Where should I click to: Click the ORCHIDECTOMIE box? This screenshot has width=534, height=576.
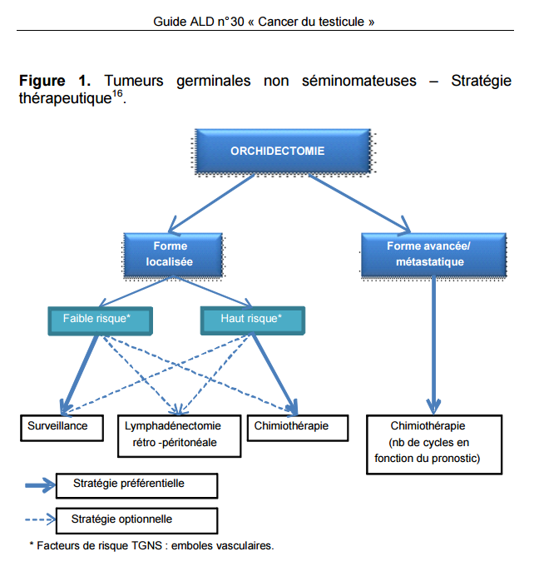[x=278, y=152]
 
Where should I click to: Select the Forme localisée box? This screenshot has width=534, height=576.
[x=171, y=254]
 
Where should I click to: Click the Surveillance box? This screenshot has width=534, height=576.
[x=64, y=427]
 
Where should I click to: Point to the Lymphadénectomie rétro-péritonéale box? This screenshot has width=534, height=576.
[x=179, y=434]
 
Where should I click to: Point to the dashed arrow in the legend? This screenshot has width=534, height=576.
[x=37, y=519]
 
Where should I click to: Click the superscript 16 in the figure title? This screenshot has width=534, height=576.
[x=117, y=94]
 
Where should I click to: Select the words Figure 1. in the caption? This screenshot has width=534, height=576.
[x=54, y=82]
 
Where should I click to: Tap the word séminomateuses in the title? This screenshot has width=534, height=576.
[x=351, y=82]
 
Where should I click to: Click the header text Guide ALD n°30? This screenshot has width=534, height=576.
[x=199, y=22]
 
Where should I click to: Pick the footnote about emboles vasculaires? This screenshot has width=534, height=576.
[x=151, y=546]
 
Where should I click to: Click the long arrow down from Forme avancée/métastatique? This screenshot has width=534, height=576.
[x=432, y=341]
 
